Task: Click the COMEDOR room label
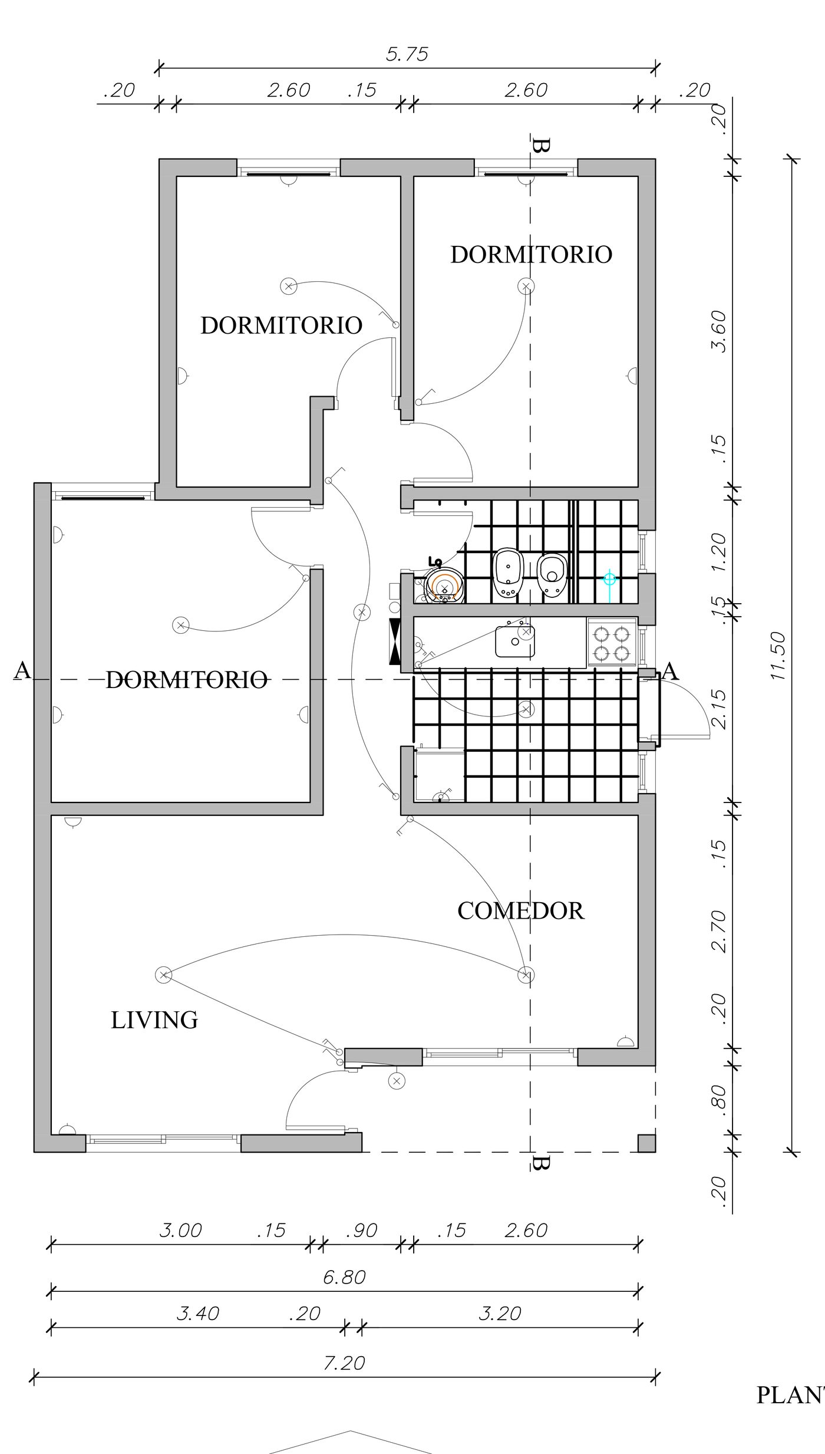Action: coord(520,911)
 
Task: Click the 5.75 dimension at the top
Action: coord(407,54)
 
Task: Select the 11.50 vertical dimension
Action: coord(778,656)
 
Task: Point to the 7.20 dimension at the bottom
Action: coord(344,1363)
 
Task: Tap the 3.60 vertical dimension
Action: coord(719,331)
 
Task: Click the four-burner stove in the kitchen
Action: coord(612,643)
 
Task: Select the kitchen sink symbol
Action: coord(515,641)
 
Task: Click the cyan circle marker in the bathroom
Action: coord(609,580)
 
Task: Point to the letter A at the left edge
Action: coord(22,670)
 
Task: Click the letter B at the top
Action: coord(540,145)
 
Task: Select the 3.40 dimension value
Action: coord(197,1313)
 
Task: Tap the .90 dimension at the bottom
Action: coord(361,1231)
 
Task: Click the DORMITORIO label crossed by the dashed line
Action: coord(187,680)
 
